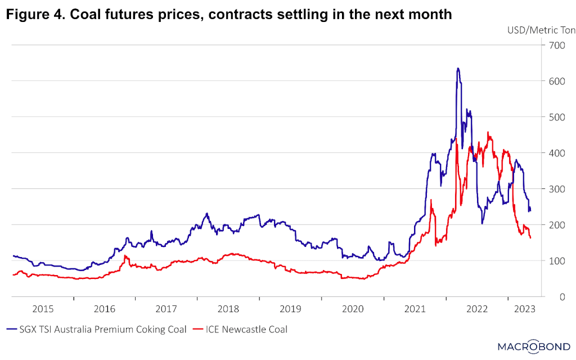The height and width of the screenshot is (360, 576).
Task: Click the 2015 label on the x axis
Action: pyautogui.click(x=43, y=309)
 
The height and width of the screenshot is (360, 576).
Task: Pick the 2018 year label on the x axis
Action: pyautogui.click(x=228, y=309)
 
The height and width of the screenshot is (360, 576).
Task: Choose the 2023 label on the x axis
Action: pyautogui.click(x=525, y=309)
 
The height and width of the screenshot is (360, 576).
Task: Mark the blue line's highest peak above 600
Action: pyautogui.click(x=458, y=69)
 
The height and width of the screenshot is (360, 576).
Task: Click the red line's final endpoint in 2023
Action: pyautogui.click(x=530, y=238)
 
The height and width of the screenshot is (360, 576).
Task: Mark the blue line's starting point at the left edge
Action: pyautogui.click(x=13, y=255)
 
